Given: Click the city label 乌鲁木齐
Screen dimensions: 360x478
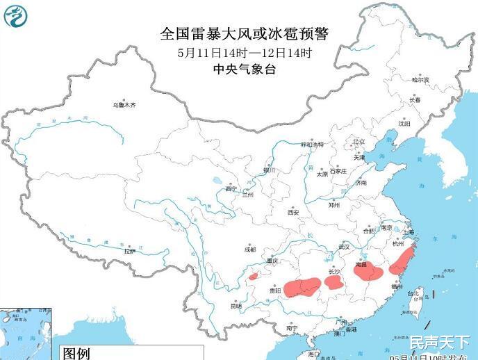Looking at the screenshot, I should (124, 105).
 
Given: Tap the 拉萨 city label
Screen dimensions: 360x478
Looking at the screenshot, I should (129, 252).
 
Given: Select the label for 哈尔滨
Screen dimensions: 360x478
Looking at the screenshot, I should (420, 81).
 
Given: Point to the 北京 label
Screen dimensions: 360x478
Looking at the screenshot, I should (358, 141).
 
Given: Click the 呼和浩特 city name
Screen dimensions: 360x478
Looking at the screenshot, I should (312, 145).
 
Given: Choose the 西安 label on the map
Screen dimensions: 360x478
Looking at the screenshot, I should (292, 212).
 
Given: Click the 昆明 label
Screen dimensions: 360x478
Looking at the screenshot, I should (236, 305).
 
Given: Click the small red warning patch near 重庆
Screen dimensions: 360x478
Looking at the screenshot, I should (254, 277).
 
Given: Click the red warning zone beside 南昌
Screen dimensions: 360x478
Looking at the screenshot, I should (368, 270).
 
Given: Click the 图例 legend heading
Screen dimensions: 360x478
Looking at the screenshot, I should (77, 353).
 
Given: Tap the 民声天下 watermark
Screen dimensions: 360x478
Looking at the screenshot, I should (439, 342).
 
